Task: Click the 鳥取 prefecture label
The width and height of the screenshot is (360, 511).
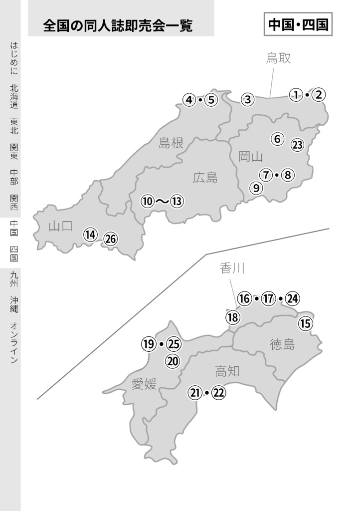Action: pos(278,58)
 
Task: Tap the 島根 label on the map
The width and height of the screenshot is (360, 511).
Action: pos(171,143)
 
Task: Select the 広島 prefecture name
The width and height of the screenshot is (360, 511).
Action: pos(205,177)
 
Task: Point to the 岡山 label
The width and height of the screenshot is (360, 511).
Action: pos(250,157)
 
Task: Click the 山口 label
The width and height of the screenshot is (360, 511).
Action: pos(61,226)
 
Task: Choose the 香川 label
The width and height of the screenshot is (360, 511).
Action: pos(232,269)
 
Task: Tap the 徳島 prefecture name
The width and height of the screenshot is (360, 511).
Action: pos(282,344)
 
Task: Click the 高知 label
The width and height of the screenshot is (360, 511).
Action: pos(227,371)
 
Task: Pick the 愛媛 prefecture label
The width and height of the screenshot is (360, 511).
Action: pos(144,384)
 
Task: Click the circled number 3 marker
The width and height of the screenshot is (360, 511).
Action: pos(248,99)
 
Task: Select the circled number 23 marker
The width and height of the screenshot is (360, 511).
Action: pos(297,145)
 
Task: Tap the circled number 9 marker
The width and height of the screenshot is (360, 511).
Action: pos(256,188)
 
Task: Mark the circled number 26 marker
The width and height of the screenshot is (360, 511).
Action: pos(110,239)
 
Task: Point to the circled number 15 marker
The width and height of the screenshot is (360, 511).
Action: pos(305,324)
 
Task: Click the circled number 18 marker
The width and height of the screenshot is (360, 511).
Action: pos(232,317)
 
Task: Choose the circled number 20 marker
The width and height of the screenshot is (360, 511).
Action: pos(173,361)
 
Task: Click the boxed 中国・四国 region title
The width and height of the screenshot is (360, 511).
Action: pos(298,25)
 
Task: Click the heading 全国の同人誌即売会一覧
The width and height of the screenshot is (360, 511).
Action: pos(118,25)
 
